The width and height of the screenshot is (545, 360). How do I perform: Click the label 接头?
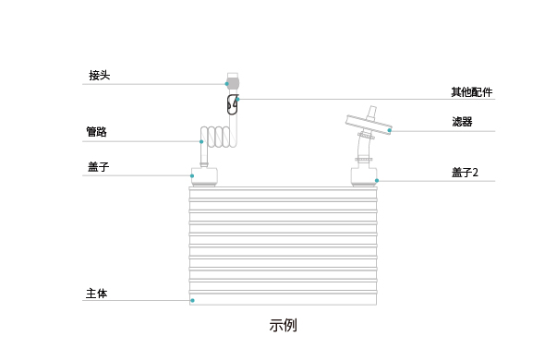[x=99, y=75]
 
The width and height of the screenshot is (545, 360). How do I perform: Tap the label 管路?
[x=96, y=132]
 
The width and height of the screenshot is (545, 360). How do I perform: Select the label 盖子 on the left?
[x=99, y=166]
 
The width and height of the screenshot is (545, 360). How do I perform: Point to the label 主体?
[x=96, y=293]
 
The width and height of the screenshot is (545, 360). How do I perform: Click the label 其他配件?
[x=471, y=92]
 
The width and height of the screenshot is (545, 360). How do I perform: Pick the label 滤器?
[x=462, y=122]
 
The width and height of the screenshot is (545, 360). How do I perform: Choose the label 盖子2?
[x=465, y=173]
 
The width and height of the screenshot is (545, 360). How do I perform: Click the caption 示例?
[x=283, y=326]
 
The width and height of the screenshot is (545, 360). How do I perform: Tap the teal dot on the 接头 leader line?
[x=226, y=84]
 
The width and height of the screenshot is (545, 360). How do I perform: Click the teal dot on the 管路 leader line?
[x=201, y=141]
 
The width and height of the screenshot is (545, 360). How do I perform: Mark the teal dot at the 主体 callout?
[x=192, y=300]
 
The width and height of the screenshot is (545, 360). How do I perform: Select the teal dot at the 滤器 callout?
[x=390, y=130]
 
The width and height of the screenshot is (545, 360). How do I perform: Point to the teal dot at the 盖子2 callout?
[x=377, y=180]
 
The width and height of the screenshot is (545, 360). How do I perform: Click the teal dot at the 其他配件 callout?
[x=237, y=99]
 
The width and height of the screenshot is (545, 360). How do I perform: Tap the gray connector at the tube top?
[x=233, y=82]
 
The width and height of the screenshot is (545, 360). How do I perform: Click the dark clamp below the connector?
[x=232, y=106]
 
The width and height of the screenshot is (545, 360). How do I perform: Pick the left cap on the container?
[x=204, y=175]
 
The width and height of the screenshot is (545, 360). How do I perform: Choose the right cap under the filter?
[x=363, y=175]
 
